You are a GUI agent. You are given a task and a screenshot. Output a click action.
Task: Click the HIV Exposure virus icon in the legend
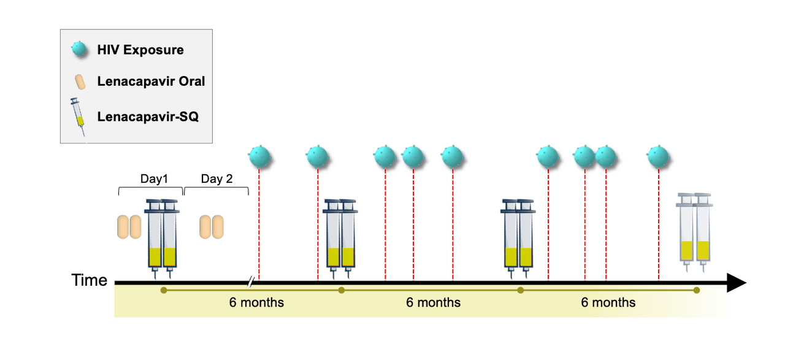(x=79, y=49)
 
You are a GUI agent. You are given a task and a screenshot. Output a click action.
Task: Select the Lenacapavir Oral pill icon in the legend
(x=80, y=82)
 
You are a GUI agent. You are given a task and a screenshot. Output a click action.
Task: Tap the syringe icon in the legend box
(x=78, y=117)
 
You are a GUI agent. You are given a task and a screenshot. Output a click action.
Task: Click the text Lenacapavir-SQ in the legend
(x=148, y=117)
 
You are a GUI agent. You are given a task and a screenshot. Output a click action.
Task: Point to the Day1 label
(x=154, y=178)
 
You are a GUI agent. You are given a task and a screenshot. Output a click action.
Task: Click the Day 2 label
(x=216, y=178)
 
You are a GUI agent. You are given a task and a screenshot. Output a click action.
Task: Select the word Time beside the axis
(x=90, y=280)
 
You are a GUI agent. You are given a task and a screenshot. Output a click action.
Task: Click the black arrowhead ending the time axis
(x=737, y=283)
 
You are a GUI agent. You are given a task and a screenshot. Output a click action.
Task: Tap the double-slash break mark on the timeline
(x=251, y=281)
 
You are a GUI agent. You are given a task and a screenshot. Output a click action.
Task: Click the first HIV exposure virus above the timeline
(x=259, y=156)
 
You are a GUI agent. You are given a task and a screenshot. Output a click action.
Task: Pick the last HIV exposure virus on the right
(x=659, y=156)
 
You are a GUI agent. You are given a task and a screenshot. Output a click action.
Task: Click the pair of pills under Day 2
(x=212, y=227)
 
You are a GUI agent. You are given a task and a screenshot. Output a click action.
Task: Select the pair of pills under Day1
(x=129, y=227)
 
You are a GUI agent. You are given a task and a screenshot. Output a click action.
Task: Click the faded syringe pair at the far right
(x=694, y=232)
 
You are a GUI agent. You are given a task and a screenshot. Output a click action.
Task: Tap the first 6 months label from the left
(x=256, y=302)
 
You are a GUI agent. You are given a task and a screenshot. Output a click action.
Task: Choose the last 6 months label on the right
(x=608, y=302)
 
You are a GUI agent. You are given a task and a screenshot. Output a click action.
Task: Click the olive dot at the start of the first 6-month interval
(x=164, y=290)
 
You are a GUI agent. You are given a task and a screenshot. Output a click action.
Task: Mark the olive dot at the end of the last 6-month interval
(x=697, y=290)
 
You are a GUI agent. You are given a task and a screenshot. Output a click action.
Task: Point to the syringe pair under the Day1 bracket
(x=162, y=239)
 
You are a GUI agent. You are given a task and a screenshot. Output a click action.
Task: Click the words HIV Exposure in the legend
(x=140, y=50)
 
